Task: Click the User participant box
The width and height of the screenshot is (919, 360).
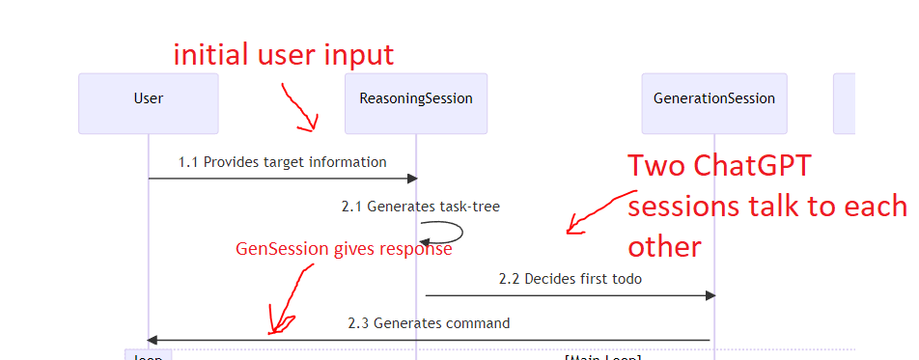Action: [148, 98]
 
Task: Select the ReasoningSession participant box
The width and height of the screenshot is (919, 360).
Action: [415, 98]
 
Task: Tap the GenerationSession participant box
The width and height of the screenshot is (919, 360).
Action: [713, 98]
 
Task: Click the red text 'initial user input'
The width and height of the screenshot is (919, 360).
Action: [283, 54]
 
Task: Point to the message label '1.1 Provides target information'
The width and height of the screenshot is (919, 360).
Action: [282, 162]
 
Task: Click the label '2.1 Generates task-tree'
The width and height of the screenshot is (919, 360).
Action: [420, 206]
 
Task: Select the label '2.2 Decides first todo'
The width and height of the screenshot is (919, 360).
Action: [570, 279]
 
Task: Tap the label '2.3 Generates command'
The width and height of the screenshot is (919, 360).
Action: [429, 323]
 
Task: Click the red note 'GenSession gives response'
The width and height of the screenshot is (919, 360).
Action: [344, 249]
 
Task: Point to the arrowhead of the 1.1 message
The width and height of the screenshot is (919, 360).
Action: [411, 178]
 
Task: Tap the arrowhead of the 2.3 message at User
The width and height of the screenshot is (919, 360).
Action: [153, 340]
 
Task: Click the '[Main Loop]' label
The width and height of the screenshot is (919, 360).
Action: [603, 357]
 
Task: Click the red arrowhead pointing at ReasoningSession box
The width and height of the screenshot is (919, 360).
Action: [308, 124]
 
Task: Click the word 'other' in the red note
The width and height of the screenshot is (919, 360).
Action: [664, 246]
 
